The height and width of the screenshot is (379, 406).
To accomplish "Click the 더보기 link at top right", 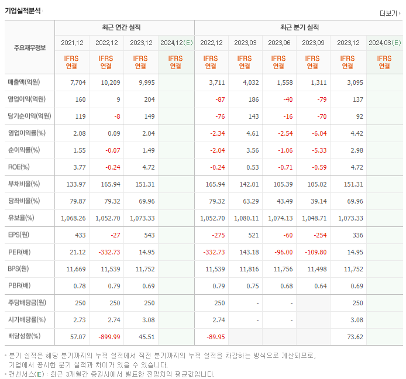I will click(x=388, y=13).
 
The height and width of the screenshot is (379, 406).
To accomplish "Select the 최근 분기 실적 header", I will click(x=299, y=27).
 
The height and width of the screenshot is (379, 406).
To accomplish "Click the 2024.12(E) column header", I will click(x=176, y=43).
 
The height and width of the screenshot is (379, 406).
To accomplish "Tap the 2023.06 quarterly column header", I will click(x=280, y=43).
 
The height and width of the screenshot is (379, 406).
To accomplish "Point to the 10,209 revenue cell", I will click(x=107, y=82).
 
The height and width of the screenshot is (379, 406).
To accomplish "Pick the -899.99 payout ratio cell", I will click(x=107, y=337).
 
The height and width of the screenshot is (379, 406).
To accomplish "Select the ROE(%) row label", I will click(x=19, y=167).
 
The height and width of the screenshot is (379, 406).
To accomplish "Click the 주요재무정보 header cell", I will click(x=29, y=47).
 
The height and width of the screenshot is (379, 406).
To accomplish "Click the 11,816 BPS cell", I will click(x=245, y=269).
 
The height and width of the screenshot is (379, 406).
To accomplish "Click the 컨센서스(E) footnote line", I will click(x=111, y=374).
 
